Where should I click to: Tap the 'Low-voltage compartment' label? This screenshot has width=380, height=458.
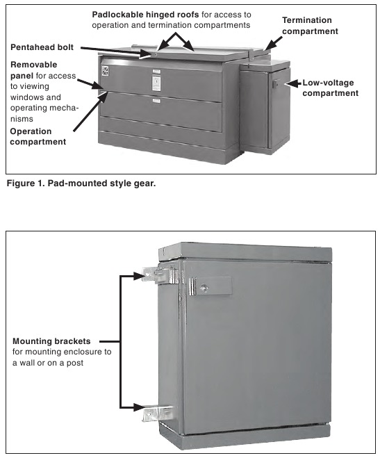(331, 88)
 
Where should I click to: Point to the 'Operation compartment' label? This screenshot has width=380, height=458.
(38, 136)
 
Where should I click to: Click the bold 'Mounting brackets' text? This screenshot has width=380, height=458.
(56, 341)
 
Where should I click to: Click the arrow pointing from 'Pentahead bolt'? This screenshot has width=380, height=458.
(111, 49)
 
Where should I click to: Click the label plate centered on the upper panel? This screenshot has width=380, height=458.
(156, 81)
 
